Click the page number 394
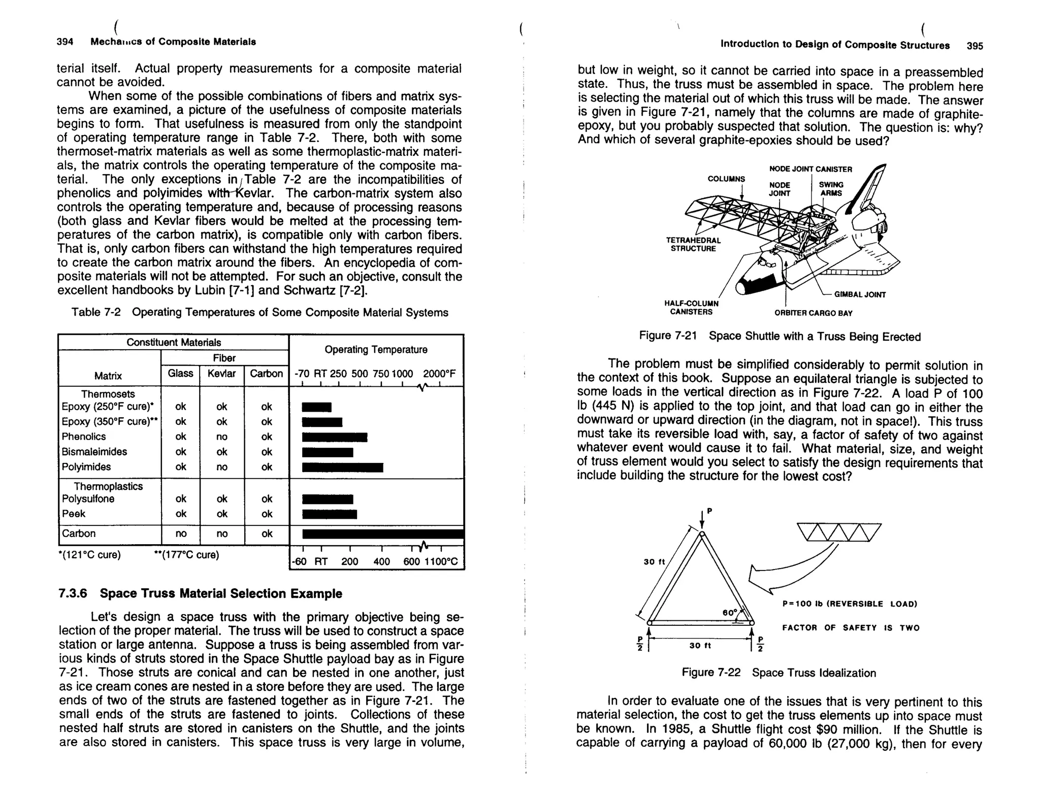coord(65,42)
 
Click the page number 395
coord(974,46)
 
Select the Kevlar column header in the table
coord(221,374)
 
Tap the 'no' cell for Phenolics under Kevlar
coord(222,437)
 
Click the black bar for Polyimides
coord(342,467)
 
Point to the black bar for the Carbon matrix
coord(382,533)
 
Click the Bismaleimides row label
coord(94,452)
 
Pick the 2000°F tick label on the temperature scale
coord(439,374)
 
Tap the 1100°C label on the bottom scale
coord(441,561)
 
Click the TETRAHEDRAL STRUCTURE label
coord(693,244)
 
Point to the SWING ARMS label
coord(831,189)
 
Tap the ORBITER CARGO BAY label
coord(813,313)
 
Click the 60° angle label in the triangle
coord(729,613)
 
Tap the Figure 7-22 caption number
coord(711,673)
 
